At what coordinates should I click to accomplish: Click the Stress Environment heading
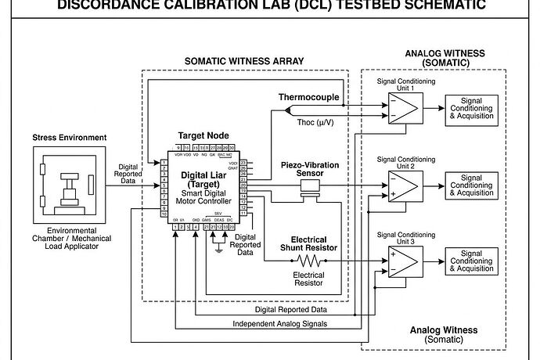[x=69, y=138]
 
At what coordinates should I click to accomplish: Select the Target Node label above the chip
[x=203, y=135]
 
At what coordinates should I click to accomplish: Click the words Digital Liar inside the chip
[x=203, y=175]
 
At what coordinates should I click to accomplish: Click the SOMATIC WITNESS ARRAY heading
[x=244, y=62]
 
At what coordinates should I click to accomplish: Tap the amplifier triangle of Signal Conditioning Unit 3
[x=404, y=261]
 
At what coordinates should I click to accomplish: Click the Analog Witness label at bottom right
[x=444, y=334]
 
